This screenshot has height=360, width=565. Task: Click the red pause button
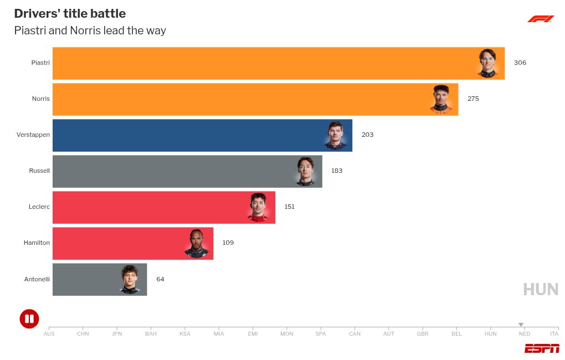click(x=29, y=318)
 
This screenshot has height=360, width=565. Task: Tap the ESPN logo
click(x=542, y=348)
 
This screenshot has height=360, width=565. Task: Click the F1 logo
click(x=540, y=19)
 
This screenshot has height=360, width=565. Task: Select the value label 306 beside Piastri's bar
click(x=520, y=63)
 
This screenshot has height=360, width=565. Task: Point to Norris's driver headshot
click(x=441, y=99)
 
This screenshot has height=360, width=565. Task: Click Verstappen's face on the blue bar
click(x=336, y=135)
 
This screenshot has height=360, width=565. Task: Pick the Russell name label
click(x=39, y=171)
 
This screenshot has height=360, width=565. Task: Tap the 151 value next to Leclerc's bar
click(x=289, y=207)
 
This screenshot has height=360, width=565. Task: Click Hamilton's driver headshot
click(x=196, y=243)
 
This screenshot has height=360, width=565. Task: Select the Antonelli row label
click(x=37, y=279)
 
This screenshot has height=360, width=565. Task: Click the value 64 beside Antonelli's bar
click(x=160, y=279)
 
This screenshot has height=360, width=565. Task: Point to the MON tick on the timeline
click(x=287, y=333)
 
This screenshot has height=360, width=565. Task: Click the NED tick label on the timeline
click(x=524, y=333)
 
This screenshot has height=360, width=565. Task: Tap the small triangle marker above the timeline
click(x=521, y=325)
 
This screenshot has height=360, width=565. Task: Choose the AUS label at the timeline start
click(x=49, y=333)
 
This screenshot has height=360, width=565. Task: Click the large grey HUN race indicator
click(x=541, y=289)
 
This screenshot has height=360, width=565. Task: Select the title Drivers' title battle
click(x=70, y=14)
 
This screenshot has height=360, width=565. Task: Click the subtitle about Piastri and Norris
click(x=90, y=30)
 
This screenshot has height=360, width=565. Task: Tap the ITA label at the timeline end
click(x=554, y=333)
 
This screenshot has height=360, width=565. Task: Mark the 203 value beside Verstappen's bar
click(x=367, y=135)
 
